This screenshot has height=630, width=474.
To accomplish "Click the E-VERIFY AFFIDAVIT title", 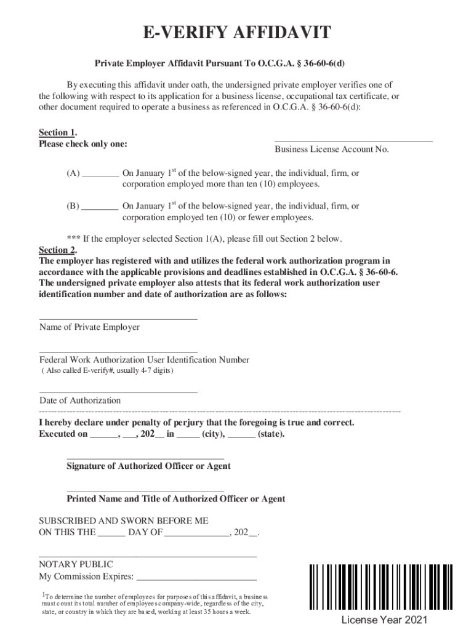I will [x=237, y=34].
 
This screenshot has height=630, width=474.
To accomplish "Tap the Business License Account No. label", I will [x=332, y=150].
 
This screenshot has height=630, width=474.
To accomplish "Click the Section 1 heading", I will [x=57, y=133].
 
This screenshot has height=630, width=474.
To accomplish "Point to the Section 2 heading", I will [x=57, y=250].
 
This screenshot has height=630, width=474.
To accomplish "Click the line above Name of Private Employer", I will [x=118, y=318].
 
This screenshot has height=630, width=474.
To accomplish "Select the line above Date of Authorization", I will [x=118, y=391].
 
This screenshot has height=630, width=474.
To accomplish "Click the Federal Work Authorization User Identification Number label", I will [x=144, y=360].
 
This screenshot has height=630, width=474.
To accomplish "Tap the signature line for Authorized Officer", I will [x=145, y=458].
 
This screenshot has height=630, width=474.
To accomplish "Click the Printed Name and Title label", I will [x=175, y=499].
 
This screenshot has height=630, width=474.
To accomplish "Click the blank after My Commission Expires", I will [x=196, y=578].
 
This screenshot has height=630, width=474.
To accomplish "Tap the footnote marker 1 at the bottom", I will [x=43, y=594].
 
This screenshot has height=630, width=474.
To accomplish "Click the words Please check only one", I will [x=83, y=144].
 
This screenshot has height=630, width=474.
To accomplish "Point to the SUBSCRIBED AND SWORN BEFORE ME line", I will [x=124, y=520].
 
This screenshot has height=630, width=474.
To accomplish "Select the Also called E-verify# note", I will [x=107, y=371].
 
